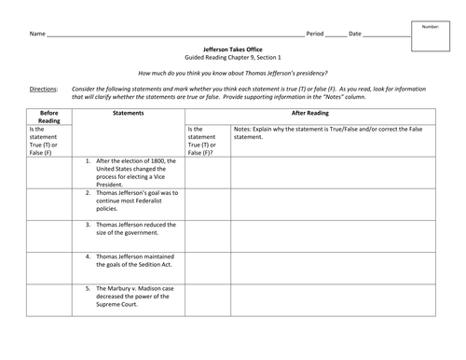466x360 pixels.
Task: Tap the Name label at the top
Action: click(x=37, y=33)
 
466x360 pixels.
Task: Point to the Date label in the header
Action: click(x=355, y=33)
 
